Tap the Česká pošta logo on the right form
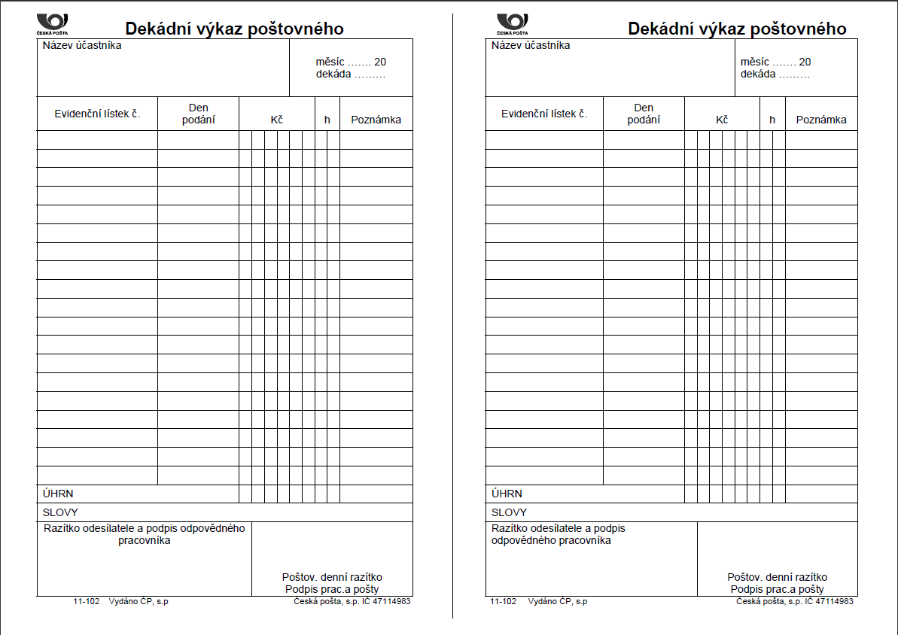click(513, 23)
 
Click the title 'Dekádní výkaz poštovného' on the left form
click(234, 29)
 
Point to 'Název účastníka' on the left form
click(82, 45)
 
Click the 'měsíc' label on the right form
click(754, 62)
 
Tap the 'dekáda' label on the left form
click(333, 74)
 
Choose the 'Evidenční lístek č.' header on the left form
click(98, 114)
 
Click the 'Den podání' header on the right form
click(644, 114)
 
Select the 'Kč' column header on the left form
click(276, 120)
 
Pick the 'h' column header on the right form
click(772, 120)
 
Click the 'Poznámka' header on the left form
click(376, 120)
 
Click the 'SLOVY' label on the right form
click(509, 512)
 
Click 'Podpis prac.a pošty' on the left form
click(332, 589)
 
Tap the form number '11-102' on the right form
click(503, 602)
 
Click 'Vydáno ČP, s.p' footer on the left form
click(139, 602)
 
